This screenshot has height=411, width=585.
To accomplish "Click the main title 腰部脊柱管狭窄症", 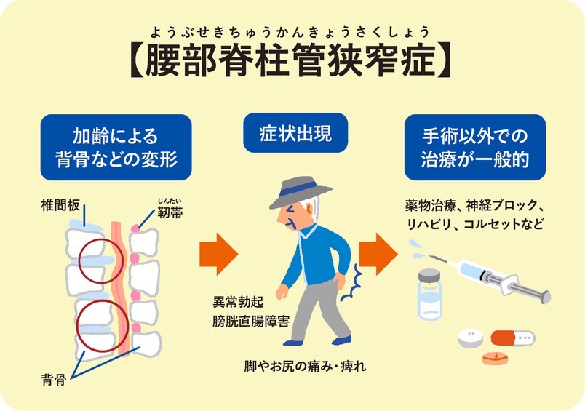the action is (x=291, y=62).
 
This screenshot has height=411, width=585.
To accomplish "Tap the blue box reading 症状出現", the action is (x=295, y=133).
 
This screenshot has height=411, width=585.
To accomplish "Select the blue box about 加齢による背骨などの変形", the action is (x=116, y=148).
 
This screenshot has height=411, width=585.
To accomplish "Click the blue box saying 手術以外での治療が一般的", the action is (x=475, y=148).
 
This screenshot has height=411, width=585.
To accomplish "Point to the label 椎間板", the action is (x=60, y=205).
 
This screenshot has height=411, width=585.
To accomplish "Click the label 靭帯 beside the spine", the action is (x=170, y=212).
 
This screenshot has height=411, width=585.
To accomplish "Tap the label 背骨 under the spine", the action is (x=54, y=380).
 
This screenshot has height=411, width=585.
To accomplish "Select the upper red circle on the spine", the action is (x=100, y=260).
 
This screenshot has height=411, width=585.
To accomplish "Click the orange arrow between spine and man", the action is (x=218, y=255).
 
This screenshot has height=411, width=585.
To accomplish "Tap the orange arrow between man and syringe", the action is (x=378, y=255).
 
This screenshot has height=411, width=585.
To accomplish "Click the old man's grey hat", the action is (x=300, y=192).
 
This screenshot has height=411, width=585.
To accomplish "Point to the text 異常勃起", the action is (x=238, y=302).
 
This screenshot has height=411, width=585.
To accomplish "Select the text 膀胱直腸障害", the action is (x=251, y=321).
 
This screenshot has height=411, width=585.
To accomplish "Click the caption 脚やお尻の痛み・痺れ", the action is (x=305, y=366).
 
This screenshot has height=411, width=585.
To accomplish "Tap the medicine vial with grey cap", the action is (x=430, y=295).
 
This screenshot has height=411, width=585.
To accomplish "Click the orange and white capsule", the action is (x=513, y=338).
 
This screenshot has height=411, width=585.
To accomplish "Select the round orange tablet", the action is (x=495, y=358).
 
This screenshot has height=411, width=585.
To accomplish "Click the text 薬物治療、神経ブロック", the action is (x=472, y=205).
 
